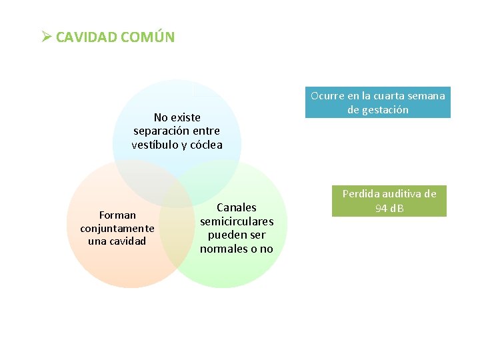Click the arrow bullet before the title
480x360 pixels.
pyautogui.click(x=45, y=36)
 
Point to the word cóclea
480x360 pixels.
pyautogui.click(x=206, y=145)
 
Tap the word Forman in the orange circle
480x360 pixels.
pyautogui.click(x=117, y=215)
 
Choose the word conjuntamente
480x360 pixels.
pyautogui.click(x=117, y=228)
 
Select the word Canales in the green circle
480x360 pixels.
pyautogui.click(x=237, y=207)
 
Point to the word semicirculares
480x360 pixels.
pyautogui.click(x=237, y=221)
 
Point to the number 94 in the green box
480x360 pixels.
pyautogui.click(x=381, y=209)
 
